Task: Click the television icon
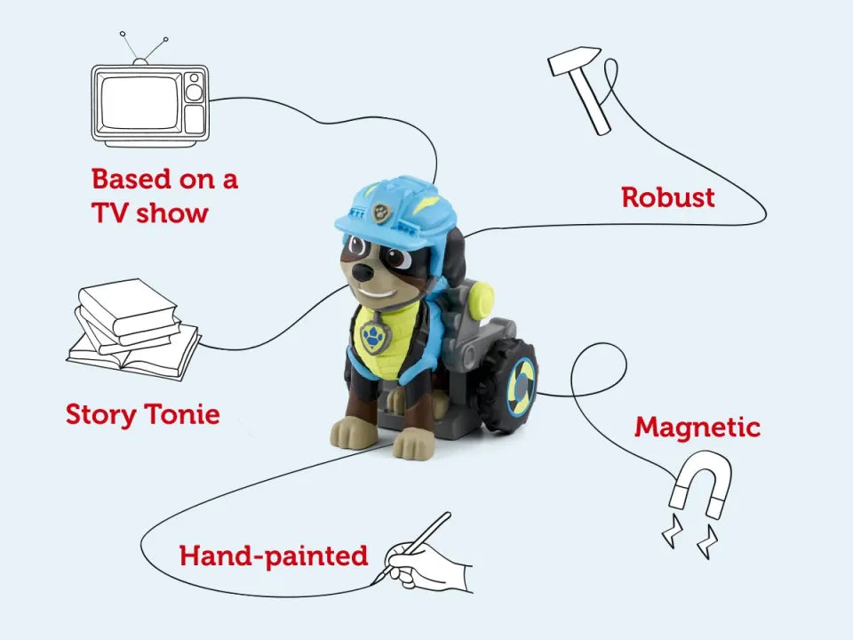pyautogui.click(x=149, y=103)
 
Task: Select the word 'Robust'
pyautogui.click(x=667, y=197)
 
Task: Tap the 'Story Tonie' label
pyautogui.click(x=142, y=414)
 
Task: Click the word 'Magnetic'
pyautogui.click(x=697, y=428)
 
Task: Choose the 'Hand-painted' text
pyautogui.click(x=273, y=556)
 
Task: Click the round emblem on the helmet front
pyautogui.click(x=380, y=212)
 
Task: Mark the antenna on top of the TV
pyautogui.click(x=142, y=48)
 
